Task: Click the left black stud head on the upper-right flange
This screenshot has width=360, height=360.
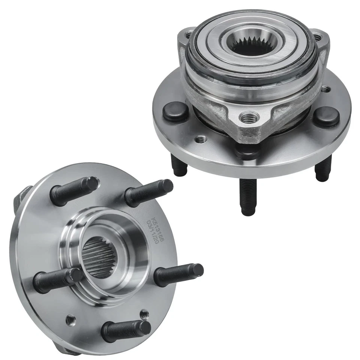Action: (175, 112)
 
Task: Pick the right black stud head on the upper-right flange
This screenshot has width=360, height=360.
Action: (326, 116)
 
